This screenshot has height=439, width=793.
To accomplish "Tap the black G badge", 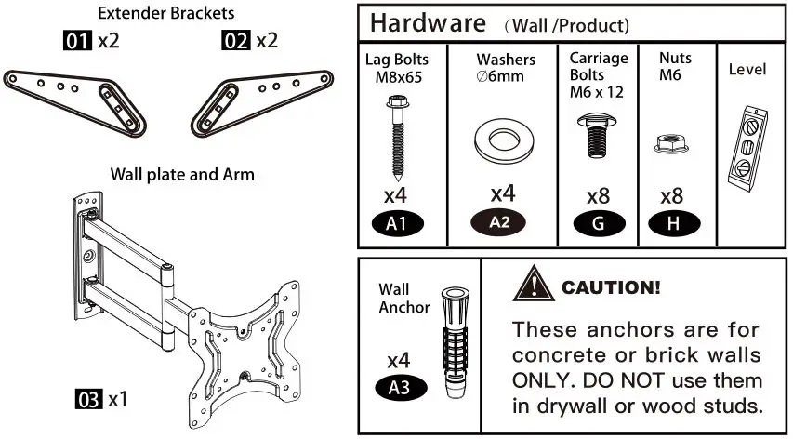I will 597,223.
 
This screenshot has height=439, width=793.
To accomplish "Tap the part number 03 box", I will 88,401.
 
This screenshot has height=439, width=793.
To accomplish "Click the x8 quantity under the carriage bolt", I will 598,197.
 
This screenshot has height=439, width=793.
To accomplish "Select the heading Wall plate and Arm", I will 182,174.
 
